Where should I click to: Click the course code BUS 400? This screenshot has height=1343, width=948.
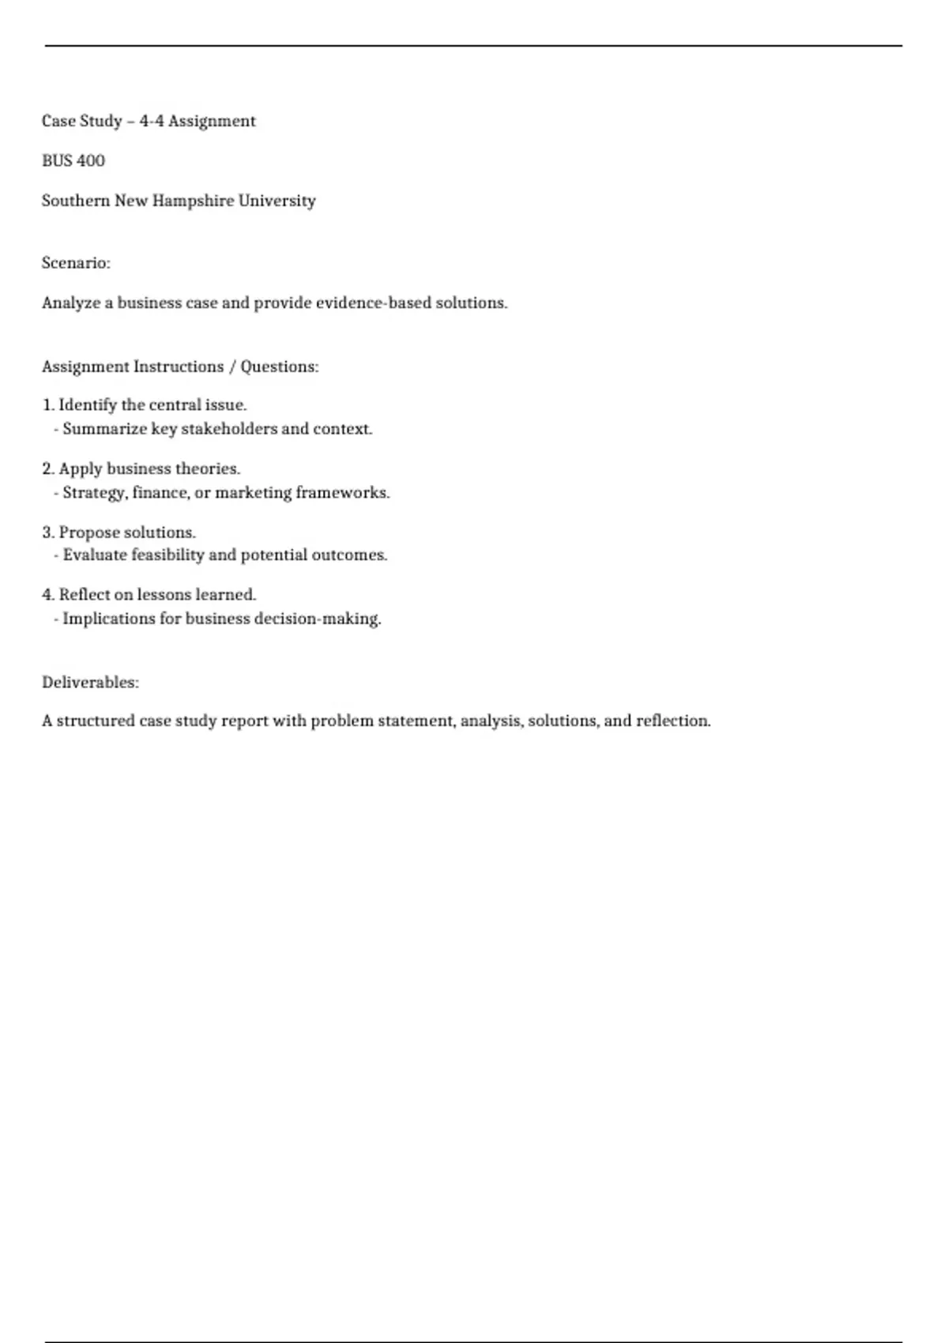[73, 161]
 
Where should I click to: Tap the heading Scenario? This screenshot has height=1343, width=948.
[76, 263]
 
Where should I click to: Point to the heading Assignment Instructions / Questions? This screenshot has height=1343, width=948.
[180, 367]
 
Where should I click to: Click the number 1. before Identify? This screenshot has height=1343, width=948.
[48, 405]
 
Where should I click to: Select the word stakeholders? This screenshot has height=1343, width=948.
[229, 429]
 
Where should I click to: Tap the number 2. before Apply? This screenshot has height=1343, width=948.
[48, 469]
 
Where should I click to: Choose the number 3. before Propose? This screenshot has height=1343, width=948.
[48, 532]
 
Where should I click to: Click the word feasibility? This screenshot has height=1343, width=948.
[167, 555]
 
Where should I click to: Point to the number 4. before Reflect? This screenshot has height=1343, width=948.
[48, 595]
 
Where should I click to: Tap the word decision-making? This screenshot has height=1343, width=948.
[317, 619]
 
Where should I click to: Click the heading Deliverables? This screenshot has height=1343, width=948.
[90, 683]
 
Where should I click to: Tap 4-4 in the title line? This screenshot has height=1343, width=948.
[152, 122]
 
